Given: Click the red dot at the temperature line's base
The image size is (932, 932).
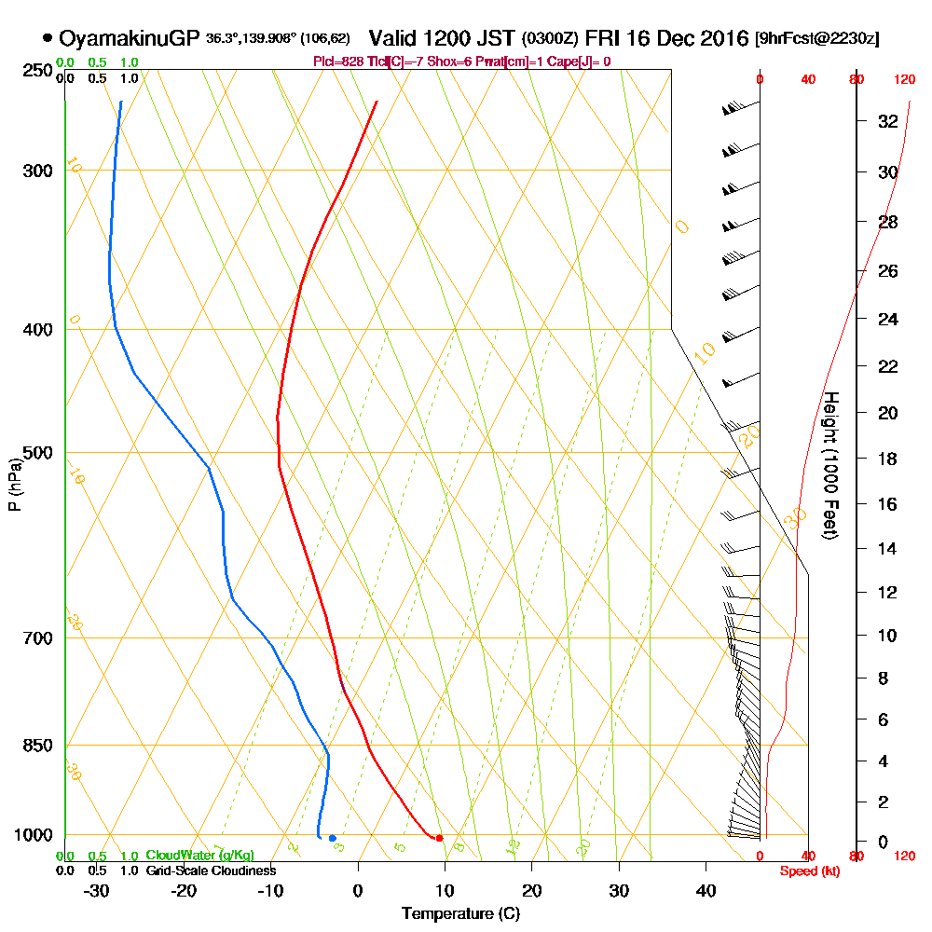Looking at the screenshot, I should pos(439,838).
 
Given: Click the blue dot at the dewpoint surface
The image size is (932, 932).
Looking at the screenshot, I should pos(332,838).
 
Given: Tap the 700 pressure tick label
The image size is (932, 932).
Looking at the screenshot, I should pos(34,637).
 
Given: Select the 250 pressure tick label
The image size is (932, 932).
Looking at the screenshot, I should pos(34,70).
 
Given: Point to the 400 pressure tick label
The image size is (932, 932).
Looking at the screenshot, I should pos(34,329).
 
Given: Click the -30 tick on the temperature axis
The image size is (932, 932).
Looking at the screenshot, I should pos(96,890).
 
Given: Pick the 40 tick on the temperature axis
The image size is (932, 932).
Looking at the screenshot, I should pos(706,890).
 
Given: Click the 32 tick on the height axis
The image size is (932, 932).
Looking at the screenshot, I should pos(888,121).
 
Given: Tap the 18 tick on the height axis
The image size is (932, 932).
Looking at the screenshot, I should pos(888,459).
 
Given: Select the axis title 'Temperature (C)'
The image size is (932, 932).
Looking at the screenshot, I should pos(460,913).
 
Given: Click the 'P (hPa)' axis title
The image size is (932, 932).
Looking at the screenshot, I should pos(14,484).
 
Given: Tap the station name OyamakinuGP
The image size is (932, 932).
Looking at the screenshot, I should pos(129,39).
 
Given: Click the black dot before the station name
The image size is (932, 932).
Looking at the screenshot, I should pos(48,39).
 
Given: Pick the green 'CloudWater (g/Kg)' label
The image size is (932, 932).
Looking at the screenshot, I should pos(199,856).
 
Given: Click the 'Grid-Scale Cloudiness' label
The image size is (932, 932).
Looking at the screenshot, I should pos(211,870).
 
